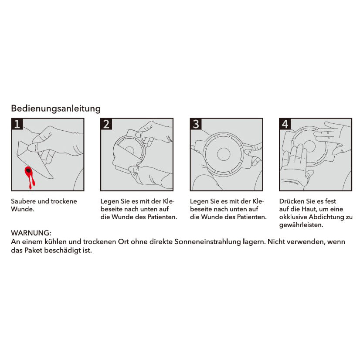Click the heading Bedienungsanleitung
click(x=56, y=108)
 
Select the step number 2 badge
click(x=106, y=124)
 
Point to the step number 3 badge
click(x=196, y=124)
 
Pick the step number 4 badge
click(x=285, y=124)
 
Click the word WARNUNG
click(x=31, y=234)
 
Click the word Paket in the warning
click(x=34, y=251)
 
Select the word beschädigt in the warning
click(x=63, y=251)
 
